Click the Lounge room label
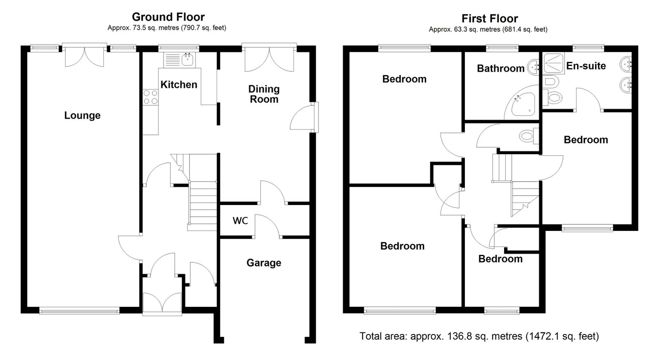coord(82,115)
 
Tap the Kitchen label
coord(179,85)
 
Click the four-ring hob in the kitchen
coord(150,97)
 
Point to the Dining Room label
coord(264,94)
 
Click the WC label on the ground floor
coord(240,221)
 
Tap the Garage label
coord(264,263)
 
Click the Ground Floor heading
coord(168,17)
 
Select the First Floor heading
coord(490,18)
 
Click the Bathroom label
coord(501,68)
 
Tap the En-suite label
coord(586,66)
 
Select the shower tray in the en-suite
coord(553,63)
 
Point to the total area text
coord(479,336)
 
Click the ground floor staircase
coord(202,200)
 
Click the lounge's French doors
coord(84,56)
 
